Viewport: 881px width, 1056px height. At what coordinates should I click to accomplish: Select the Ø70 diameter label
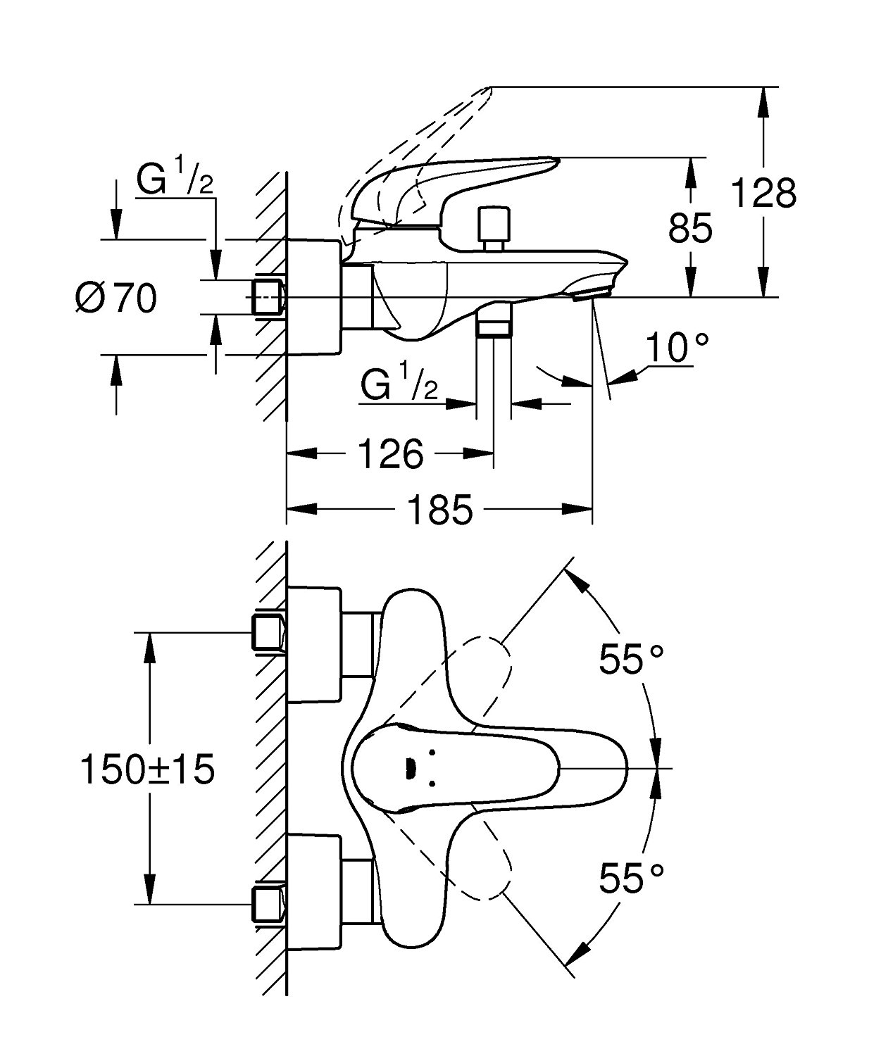[x=115, y=298]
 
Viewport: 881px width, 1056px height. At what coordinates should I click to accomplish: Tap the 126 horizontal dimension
[x=391, y=454]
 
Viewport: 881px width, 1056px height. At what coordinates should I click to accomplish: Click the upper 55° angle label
[x=631, y=660]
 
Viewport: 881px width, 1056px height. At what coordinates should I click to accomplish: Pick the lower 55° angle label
[x=631, y=878]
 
